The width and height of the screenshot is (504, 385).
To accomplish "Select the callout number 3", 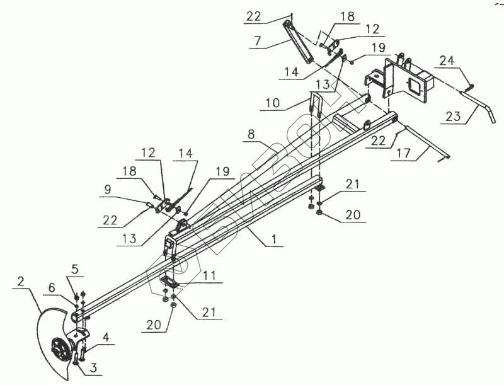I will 93,367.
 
